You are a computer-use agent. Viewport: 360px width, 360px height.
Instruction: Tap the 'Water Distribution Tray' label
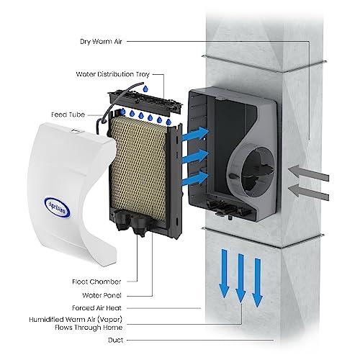tap(108, 73)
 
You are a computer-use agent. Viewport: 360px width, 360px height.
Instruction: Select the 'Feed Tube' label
tap(66, 113)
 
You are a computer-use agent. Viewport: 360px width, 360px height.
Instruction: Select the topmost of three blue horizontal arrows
tap(192, 134)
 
